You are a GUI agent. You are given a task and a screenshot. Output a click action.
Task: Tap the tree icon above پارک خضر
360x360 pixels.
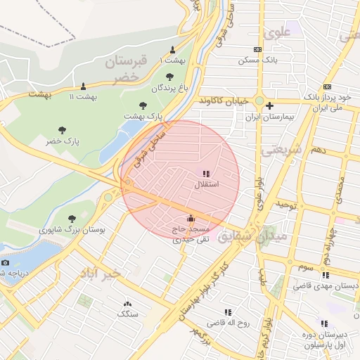click(x=62, y=130)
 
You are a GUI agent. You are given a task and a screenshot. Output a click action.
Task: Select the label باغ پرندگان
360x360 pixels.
click(x=171, y=89)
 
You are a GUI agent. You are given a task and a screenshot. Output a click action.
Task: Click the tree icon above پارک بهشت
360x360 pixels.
click(x=143, y=105)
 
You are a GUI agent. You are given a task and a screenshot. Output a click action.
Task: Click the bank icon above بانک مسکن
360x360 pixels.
click(x=258, y=49)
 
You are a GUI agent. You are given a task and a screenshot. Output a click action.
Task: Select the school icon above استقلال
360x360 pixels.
click(x=206, y=173)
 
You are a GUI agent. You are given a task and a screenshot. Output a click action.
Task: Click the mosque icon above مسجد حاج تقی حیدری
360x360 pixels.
click(x=191, y=218)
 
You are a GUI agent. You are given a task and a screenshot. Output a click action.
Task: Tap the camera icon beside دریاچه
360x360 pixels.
click(x=6, y=262)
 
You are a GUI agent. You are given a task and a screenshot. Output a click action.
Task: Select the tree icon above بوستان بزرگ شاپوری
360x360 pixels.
click(x=72, y=219)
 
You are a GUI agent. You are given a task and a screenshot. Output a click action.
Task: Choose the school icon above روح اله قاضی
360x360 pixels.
click(x=227, y=312)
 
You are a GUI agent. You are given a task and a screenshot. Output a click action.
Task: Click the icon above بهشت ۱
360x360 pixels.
click(x=173, y=49)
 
